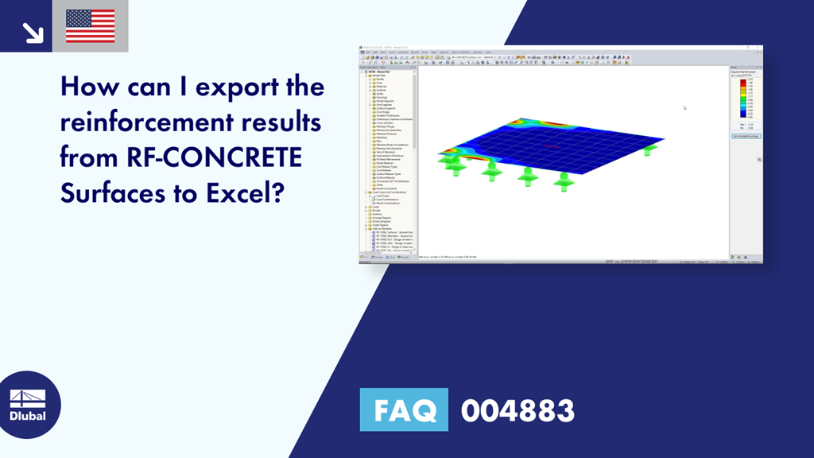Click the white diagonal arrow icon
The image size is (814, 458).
(x=32, y=31)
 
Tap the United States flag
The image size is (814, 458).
(x=90, y=26)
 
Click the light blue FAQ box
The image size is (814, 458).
(x=404, y=410)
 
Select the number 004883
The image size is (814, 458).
(x=517, y=410)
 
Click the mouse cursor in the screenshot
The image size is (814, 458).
(x=684, y=107)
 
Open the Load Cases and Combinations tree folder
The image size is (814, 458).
(x=390, y=192)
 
